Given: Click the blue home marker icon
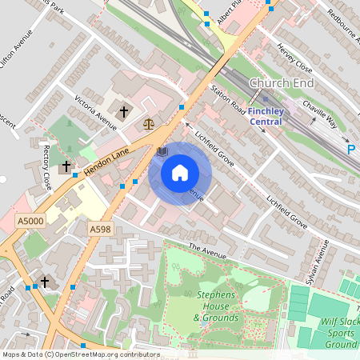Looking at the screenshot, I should pos(180,173).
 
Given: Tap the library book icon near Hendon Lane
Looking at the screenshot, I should pos(162,150).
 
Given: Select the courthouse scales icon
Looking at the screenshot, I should pos(148,123).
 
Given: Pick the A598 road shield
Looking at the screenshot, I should pos(100,230).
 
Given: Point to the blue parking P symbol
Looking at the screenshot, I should pos(350,150).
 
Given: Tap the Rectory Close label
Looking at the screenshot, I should pos(45,170).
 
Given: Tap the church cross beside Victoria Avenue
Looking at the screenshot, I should pos(124,112).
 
